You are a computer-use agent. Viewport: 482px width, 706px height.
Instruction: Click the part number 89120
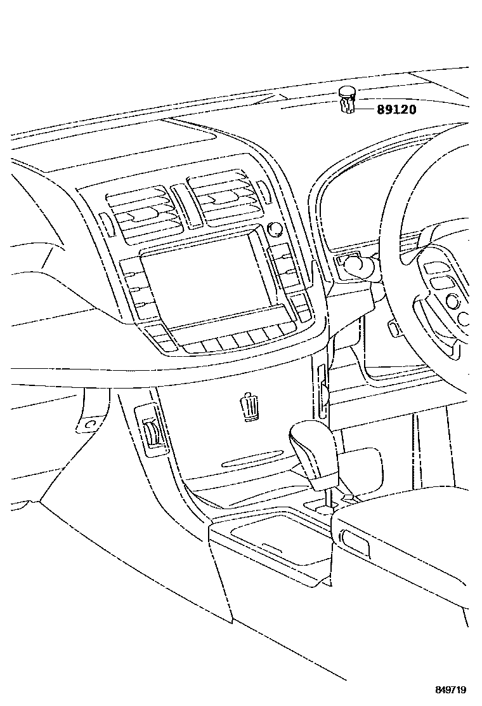[396, 109]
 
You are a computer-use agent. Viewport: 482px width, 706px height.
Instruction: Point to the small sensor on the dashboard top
[346, 100]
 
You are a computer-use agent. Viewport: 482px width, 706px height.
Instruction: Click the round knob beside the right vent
[275, 229]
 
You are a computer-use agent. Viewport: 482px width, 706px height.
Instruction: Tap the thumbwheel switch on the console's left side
[153, 434]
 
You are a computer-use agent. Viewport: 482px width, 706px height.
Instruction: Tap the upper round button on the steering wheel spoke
[452, 299]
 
